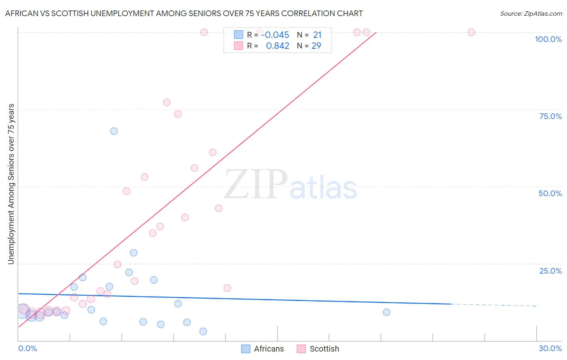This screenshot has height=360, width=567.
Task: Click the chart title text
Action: [x=184, y=13]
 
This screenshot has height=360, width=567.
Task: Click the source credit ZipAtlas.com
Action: [x=531, y=13]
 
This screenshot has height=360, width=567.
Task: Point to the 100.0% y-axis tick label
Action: [x=548, y=39]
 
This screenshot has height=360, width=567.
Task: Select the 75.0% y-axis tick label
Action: [x=550, y=116]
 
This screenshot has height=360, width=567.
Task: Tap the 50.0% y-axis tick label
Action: [x=550, y=193]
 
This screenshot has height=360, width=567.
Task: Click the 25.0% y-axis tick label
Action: [x=550, y=271]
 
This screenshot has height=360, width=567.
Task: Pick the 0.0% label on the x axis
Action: [x=27, y=348]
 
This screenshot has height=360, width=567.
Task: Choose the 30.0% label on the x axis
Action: [x=550, y=348]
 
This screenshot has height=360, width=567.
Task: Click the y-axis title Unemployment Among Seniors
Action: [x=11, y=184]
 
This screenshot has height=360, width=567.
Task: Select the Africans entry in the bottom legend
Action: [x=269, y=349]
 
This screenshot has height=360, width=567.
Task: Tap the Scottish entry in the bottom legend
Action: [x=324, y=349]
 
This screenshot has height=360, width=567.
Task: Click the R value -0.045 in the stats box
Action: [x=275, y=35]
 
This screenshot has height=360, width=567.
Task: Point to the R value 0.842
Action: [x=277, y=46]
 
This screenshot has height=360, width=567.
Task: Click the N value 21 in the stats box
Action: [x=317, y=35]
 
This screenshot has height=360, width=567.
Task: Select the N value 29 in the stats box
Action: [x=316, y=46]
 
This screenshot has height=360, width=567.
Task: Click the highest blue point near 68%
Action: [x=114, y=131]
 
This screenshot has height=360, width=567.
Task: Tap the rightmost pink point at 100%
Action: [x=471, y=32]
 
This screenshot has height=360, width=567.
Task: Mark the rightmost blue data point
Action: [x=386, y=312]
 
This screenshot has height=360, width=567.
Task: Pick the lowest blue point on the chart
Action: [x=203, y=331]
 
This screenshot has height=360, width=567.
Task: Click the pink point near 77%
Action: [x=167, y=103]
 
